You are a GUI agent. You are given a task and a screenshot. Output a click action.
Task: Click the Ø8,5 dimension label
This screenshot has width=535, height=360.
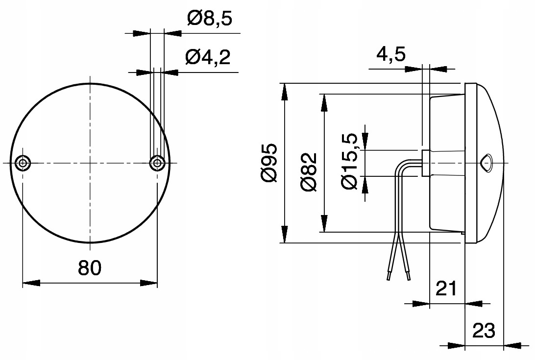[209, 19]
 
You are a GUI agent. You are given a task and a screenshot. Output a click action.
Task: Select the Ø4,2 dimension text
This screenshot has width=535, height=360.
[207, 57]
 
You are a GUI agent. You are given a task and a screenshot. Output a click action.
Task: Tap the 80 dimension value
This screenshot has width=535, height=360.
[90, 268]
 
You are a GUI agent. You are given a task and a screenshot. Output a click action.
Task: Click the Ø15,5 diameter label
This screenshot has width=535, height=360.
[351, 163]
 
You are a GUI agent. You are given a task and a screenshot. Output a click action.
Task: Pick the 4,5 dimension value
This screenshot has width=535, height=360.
[391, 54]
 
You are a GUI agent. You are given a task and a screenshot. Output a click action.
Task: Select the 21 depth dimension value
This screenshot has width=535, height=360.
[446, 288]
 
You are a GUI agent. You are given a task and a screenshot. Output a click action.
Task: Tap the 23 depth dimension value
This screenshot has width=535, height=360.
[484, 331]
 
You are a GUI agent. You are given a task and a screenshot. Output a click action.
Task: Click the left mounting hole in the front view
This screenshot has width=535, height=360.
[23, 163]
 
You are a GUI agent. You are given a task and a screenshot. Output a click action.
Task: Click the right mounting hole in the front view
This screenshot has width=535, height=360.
[157, 163]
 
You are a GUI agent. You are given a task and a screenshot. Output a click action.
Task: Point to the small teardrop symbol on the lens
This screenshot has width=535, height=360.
[487, 163]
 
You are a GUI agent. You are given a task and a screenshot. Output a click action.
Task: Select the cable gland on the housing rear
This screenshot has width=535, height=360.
[425, 163]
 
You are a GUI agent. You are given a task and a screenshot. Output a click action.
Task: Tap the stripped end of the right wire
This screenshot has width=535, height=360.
[409, 277]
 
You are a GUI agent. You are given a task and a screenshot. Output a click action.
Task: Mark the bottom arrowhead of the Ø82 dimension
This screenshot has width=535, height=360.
[323, 225]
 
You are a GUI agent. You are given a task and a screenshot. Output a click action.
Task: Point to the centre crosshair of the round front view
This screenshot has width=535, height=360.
[90, 163]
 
